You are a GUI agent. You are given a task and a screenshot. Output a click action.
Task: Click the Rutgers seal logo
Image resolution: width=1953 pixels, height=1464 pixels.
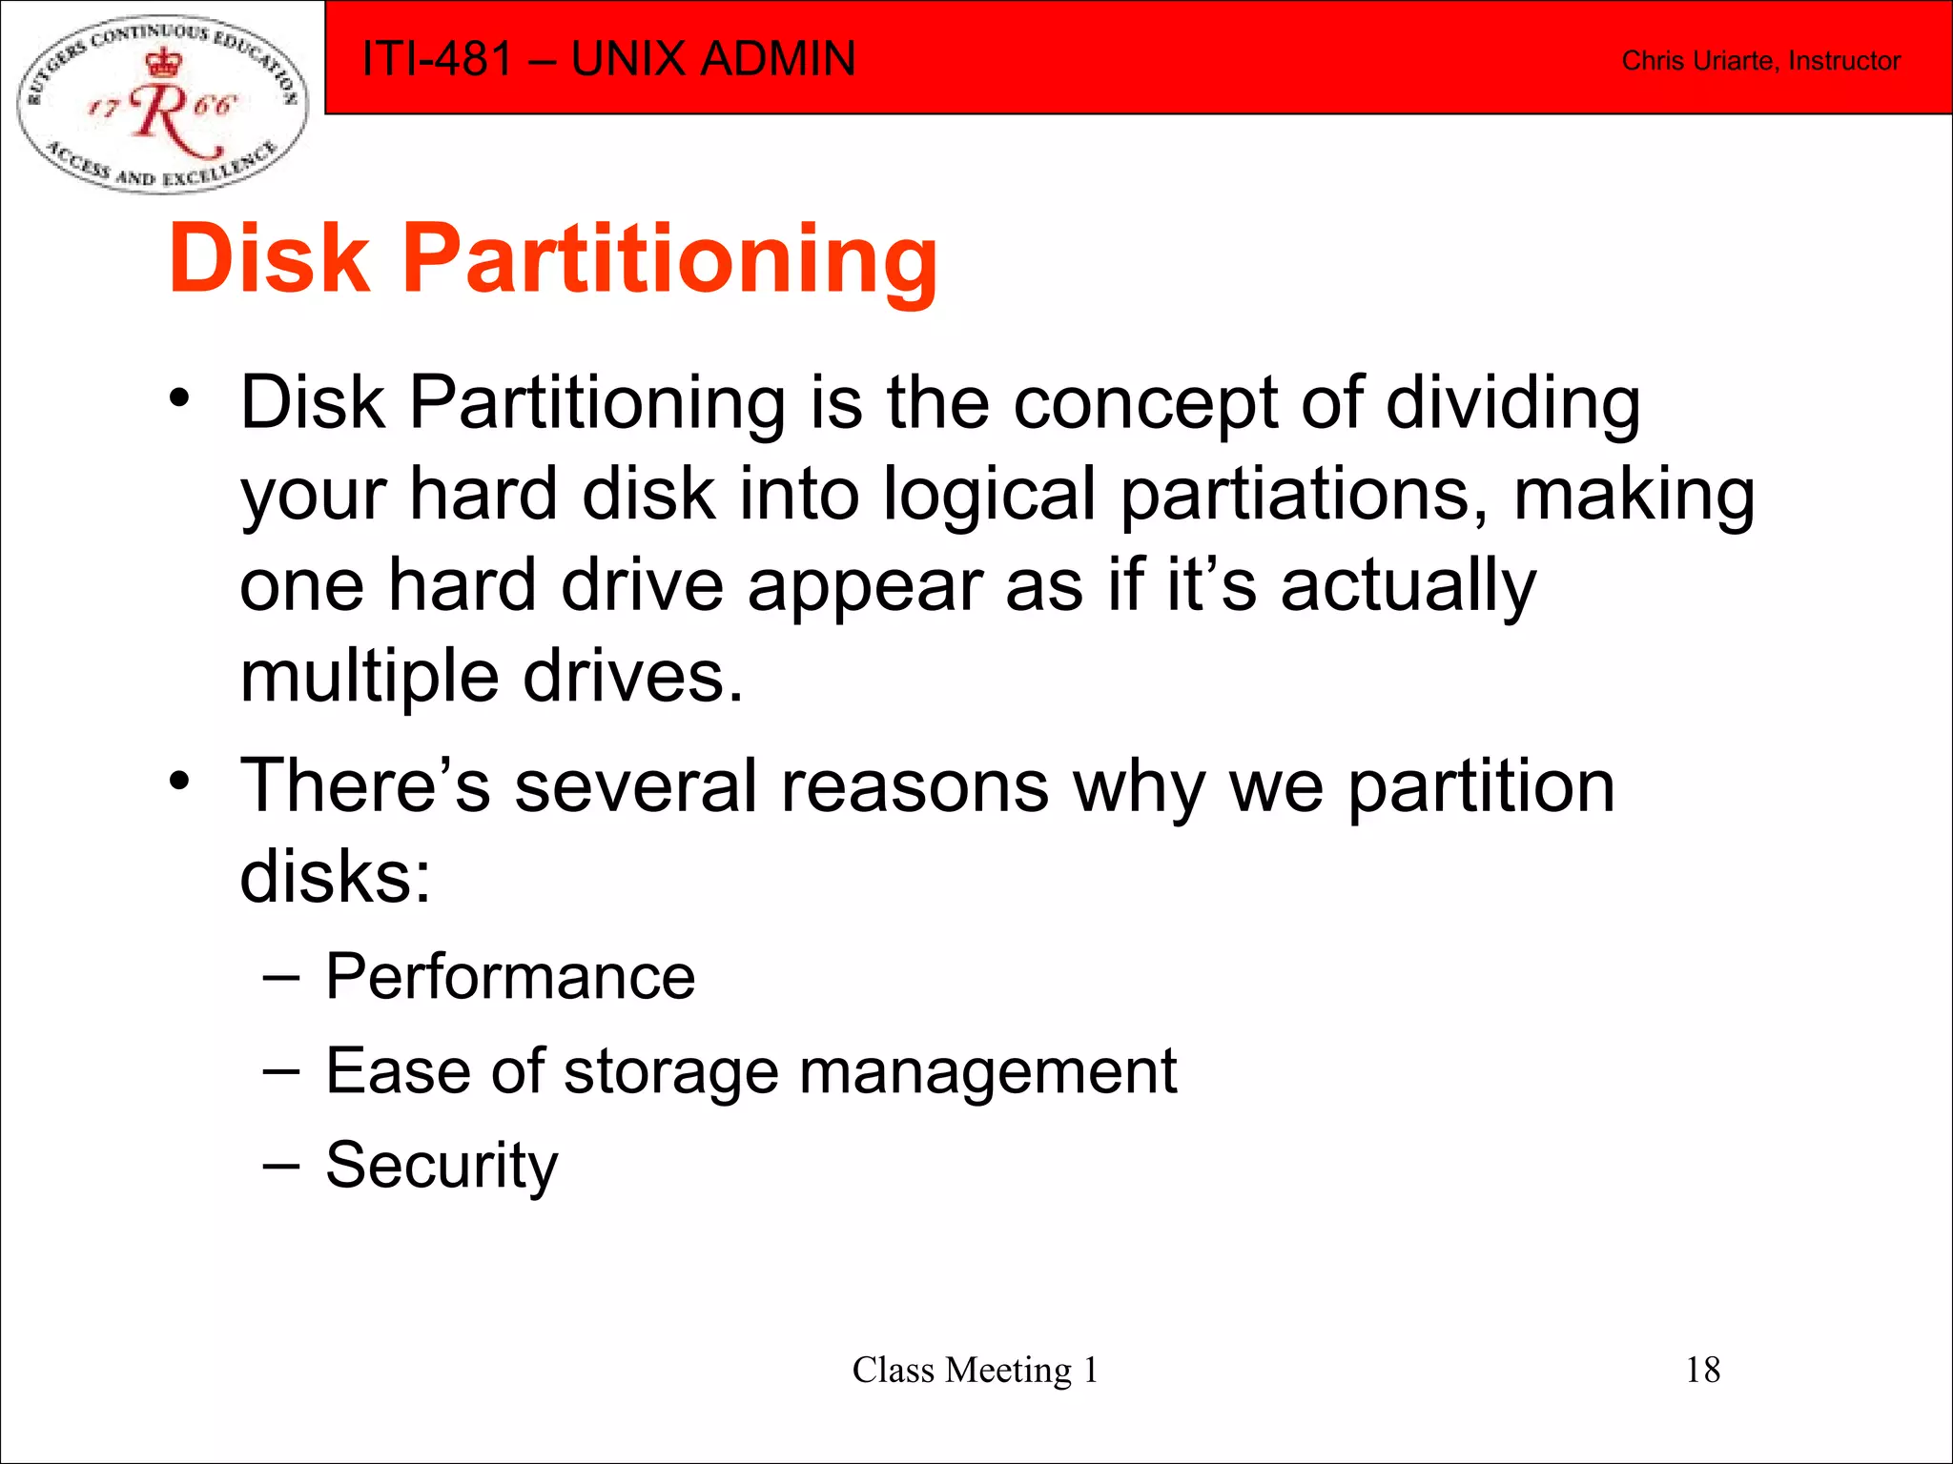pyautogui.click(x=162, y=103)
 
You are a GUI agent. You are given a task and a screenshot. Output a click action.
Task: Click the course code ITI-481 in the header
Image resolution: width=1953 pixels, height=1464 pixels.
pyautogui.click(x=437, y=59)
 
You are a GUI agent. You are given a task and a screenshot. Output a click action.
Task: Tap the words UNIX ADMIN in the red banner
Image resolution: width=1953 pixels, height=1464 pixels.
pyautogui.click(x=712, y=59)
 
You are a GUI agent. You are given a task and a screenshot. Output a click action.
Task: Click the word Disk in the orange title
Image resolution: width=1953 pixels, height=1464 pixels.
pyautogui.click(x=269, y=258)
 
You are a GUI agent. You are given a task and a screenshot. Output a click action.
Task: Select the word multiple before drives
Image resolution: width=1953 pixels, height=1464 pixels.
pyautogui.click(x=369, y=677)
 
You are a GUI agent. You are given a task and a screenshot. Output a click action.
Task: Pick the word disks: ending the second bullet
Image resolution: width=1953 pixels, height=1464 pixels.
pyautogui.click(x=335, y=877)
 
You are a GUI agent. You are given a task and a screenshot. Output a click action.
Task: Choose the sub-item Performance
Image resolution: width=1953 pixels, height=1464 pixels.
pyautogui.click(x=510, y=977)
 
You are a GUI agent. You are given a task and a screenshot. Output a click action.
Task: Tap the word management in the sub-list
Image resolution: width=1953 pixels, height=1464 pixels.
pyautogui.click(x=988, y=1071)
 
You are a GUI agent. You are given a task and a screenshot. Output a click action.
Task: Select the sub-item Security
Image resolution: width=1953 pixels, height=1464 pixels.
pyautogui.click(x=442, y=1165)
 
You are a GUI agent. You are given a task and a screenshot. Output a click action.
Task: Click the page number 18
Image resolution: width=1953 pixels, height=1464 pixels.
pyautogui.click(x=1702, y=1370)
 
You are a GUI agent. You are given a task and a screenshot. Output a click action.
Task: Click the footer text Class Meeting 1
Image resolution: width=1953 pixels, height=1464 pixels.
pyautogui.click(x=975, y=1370)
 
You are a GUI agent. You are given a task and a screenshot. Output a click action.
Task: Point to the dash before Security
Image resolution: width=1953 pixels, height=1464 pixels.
pyautogui.click(x=281, y=1165)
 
